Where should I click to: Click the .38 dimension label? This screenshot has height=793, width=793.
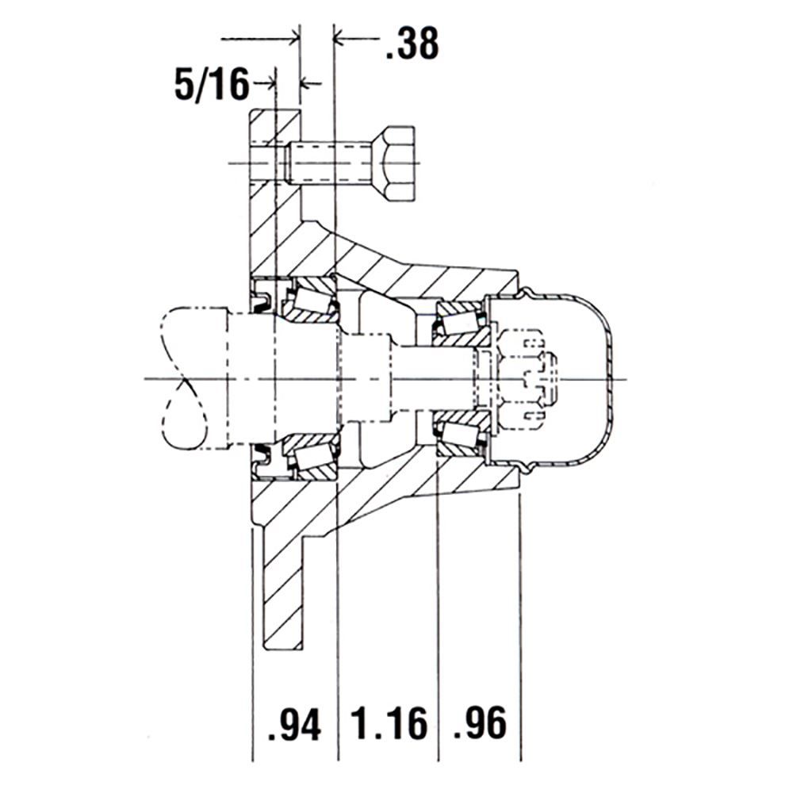pyautogui.click(x=412, y=44)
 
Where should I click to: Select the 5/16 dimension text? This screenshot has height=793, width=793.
pyautogui.click(x=212, y=84)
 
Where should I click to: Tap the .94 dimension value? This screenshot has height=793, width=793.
pyautogui.click(x=294, y=724)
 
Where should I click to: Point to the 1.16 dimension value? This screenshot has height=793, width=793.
pyautogui.click(x=389, y=724)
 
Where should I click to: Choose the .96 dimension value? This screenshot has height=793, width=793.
pyautogui.click(x=480, y=724)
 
